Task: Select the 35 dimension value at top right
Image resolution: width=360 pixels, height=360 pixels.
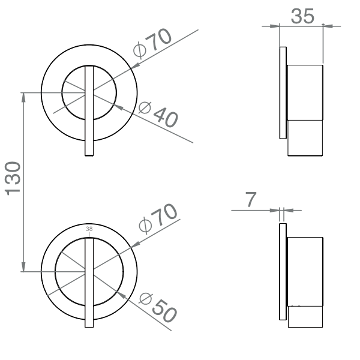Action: point(302,16)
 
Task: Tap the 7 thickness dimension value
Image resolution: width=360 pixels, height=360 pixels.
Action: point(251,200)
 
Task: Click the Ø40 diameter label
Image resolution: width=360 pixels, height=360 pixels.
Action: point(158,114)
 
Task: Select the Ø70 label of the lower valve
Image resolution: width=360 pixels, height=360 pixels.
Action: point(158,220)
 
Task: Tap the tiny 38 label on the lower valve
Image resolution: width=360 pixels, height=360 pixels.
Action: point(89,229)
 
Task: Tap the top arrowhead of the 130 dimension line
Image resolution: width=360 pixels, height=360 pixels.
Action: point(23,96)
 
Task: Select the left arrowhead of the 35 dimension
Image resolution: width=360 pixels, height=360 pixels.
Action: point(283,26)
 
